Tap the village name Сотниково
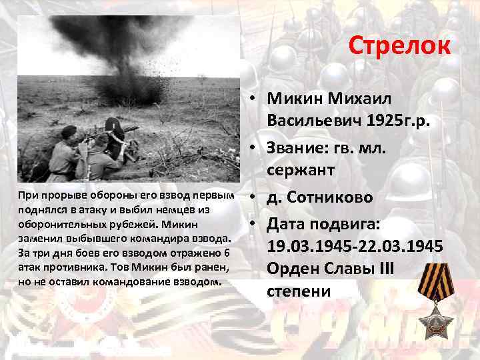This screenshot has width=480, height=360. pos(331,198)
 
